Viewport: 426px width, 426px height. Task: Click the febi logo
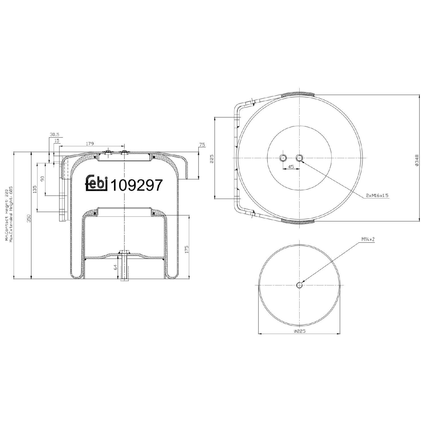pyautogui.click(x=96, y=183)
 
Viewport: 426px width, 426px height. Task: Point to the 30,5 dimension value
pyautogui.click(x=54, y=135)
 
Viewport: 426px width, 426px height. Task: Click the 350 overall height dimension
pyautogui.click(x=29, y=218)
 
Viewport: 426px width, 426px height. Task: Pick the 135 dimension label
pyautogui.click(x=35, y=189)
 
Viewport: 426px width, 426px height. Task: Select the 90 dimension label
pyautogui.click(x=43, y=179)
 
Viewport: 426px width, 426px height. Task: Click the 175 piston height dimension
pyautogui.click(x=187, y=249)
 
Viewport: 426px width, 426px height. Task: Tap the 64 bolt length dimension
pyautogui.click(x=115, y=267)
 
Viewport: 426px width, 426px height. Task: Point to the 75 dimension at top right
pyautogui.click(x=202, y=145)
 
